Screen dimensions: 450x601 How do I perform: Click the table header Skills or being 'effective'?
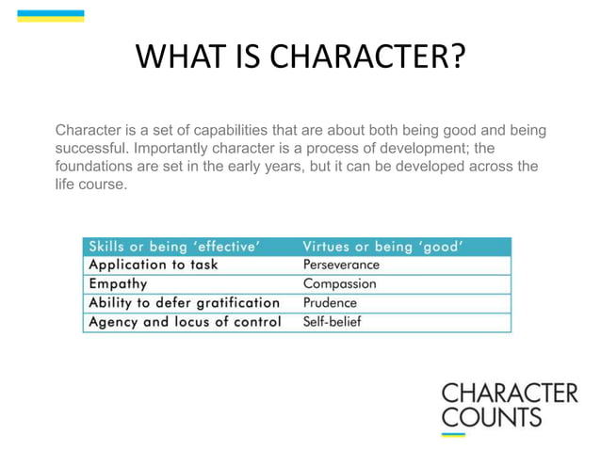174,247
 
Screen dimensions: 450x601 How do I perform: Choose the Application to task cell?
153,265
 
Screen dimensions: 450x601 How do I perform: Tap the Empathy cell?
118,283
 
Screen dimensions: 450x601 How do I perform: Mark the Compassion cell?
339,283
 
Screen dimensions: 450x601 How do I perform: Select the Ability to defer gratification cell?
184,302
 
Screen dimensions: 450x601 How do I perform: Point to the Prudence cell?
330,303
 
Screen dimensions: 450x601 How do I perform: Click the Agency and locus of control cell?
184,322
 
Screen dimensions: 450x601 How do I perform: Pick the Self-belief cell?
332,322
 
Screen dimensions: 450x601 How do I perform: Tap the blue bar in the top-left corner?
51,16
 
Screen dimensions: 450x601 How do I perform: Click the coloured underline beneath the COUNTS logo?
454,434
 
